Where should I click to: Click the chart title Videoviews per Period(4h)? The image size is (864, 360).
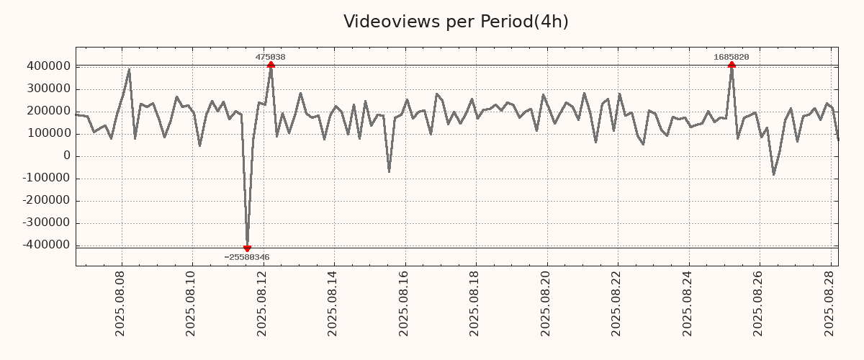pyautogui.click(x=456, y=22)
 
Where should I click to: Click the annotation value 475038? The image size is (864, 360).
pyautogui.click(x=270, y=57)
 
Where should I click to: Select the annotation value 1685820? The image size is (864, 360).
pyautogui.click(x=731, y=57)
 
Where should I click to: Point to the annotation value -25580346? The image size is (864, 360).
pyautogui.click(x=247, y=257)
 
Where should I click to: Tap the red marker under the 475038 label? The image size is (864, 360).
pyautogui.click(x=271, y=65)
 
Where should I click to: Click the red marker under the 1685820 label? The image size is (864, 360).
pyautogui.click(x=732, y=65)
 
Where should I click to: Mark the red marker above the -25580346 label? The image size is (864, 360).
pyautogui.click(x=247, y=248)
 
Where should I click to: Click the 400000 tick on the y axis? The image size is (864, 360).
pyautogui.click(x=48, y=66)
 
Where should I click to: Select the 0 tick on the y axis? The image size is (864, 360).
pyautogui.click(x=66, y=156)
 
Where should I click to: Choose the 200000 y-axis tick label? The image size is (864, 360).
pyautogui.click(x=48, y=111)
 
